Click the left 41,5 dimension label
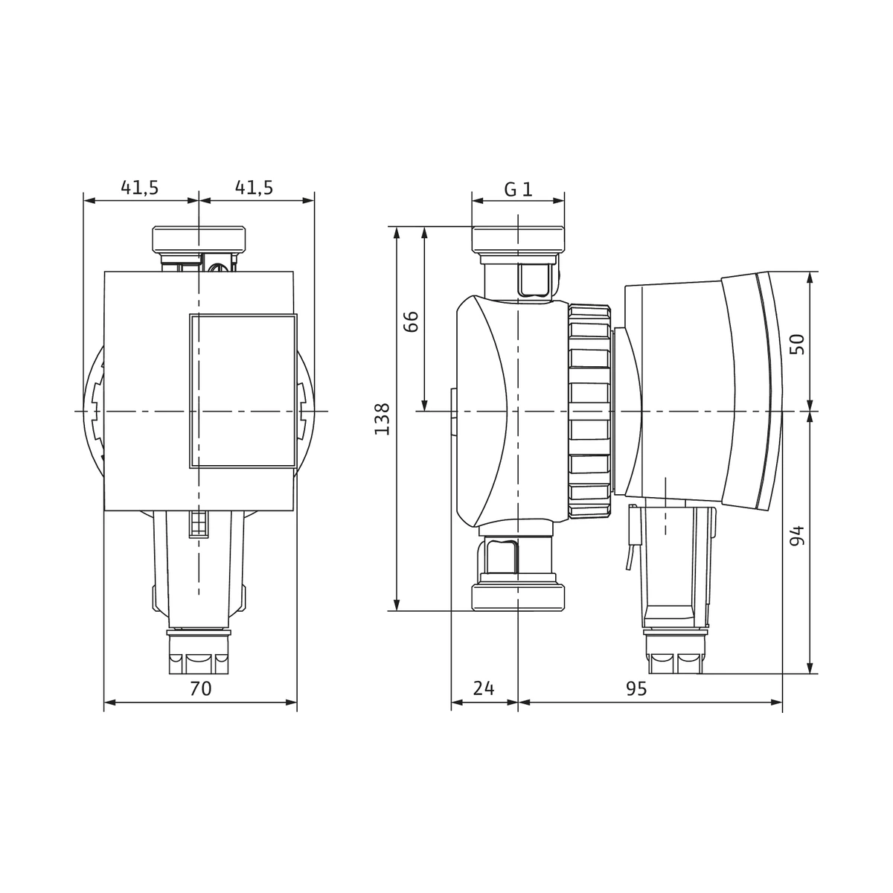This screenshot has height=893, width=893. pos(139,188)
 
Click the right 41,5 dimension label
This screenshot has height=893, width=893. pos(254,188)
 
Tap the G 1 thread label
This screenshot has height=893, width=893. pos(519,189)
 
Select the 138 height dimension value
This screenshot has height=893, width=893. pos(383,419)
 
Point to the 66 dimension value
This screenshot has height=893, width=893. pos(411,321)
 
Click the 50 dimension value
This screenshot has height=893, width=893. pos(797,344)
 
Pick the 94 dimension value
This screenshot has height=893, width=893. pos(797,536)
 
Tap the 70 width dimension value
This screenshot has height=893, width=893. pos(201,688)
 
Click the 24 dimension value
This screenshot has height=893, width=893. pos(484,688)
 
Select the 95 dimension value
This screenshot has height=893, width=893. pos(636,688)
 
